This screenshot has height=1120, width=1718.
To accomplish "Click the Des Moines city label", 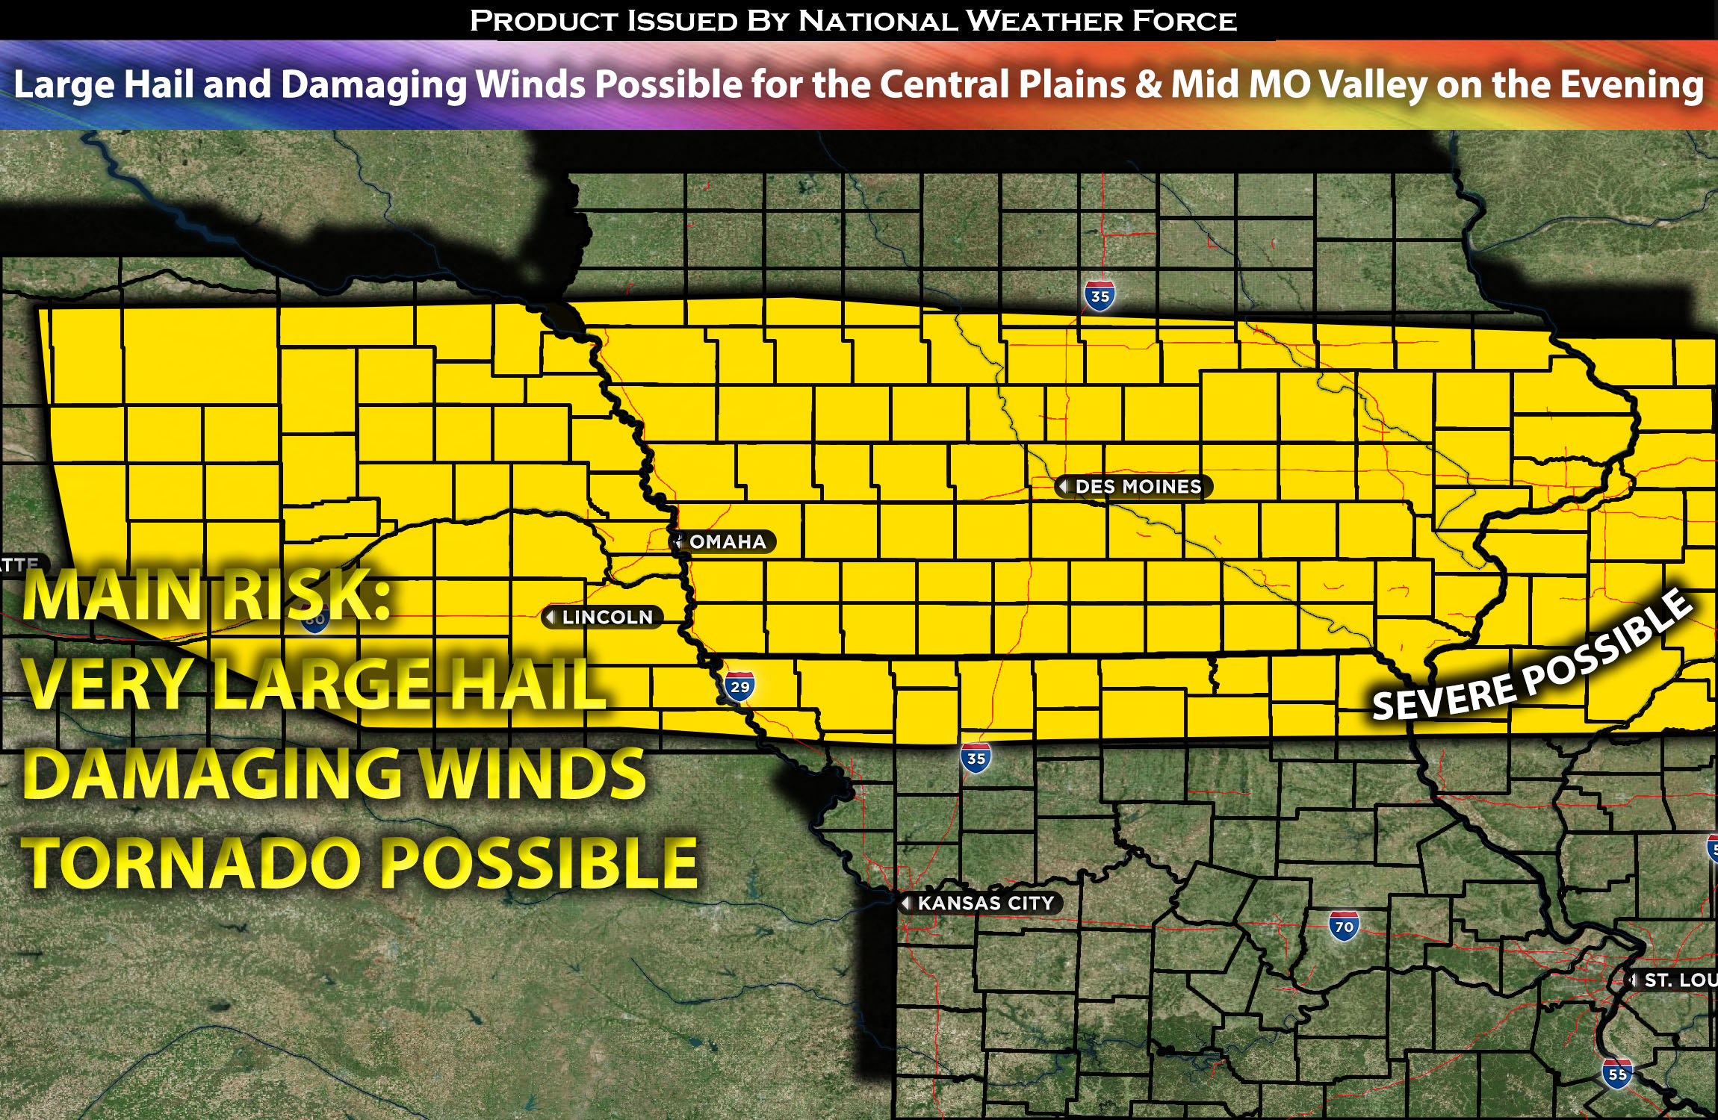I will pyautogui.click(x=1137, y=487).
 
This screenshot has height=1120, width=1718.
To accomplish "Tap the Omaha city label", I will pyautogui.click(x=726, y=542).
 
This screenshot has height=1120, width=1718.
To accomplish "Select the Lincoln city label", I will pyautogui.click(x=606, y=617).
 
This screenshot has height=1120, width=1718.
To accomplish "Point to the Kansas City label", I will pyautogui.click(x=984, y=903).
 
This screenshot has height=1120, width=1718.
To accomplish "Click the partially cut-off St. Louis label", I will pyautogui.click(x=1678, y=980).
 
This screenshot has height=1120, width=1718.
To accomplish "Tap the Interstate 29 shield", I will pyautogui.click(x=739, y=687).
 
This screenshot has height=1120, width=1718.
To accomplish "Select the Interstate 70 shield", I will pyautogui.click(x=1344, y=927).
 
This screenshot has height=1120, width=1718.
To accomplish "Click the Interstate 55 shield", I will pyautogui.click(x=1617, y=1074).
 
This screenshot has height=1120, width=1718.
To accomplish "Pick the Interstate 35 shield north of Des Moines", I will pyautogui.click(x=1100, y=296).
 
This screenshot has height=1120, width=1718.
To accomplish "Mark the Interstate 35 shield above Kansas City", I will pyautogui.click(x=976, y=759).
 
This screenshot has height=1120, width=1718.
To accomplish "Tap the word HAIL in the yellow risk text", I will pyautogui.click(x=524, y=685).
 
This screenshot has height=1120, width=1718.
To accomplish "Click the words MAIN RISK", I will pyautogui.click(x=205, y=596).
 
